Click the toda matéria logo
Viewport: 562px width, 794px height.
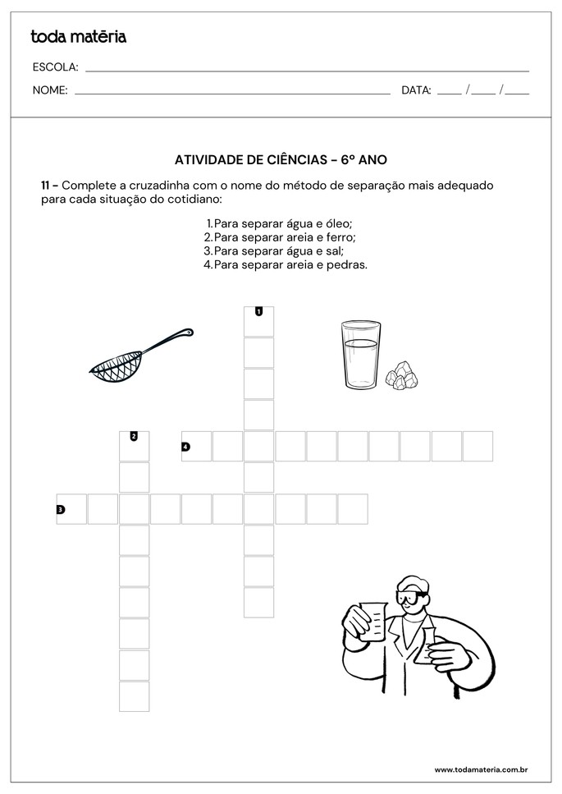[78, 37]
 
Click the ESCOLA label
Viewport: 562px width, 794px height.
[55, 67]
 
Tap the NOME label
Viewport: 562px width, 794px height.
[50, 90]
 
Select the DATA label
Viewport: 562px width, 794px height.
[416, 90]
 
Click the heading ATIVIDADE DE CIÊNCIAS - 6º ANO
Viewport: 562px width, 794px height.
[281, 160]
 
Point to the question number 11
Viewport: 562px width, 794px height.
[48, 186]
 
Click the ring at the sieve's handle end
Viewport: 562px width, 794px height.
[189, 333]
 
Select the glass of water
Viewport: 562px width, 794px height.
[360, 355]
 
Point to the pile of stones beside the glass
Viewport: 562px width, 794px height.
[401, 374]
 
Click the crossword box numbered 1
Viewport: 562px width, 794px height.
[258, 321]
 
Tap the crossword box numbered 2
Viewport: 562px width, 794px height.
[135, 446]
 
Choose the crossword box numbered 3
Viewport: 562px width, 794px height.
[71, 509]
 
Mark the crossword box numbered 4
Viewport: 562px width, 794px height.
[196, 447]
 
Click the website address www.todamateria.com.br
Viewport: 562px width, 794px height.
[480, 769]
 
